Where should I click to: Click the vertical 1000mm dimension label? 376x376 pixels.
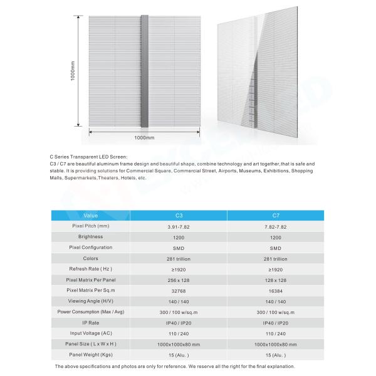pos(73,72)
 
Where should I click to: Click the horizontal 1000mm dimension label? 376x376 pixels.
pos(144,137)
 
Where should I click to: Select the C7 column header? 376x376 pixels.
pos(271,215)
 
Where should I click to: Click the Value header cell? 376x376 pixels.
pos(91,215)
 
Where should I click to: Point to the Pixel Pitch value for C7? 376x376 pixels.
pos(271,226)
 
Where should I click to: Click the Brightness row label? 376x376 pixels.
pos(91,237)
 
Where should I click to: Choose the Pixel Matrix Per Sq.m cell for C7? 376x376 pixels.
pos(271,290)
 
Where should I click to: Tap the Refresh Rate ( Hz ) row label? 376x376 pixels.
pos(91,269)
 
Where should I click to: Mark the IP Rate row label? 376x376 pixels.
pos(91,322)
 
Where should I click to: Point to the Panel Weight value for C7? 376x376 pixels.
pos(271,355)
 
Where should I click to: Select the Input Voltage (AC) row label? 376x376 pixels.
pos(91,333)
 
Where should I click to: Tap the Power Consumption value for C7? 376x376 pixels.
pos(271,311)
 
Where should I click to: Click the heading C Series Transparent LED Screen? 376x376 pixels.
pos(88,157)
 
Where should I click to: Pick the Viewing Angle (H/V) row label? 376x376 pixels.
pos(91,301)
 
